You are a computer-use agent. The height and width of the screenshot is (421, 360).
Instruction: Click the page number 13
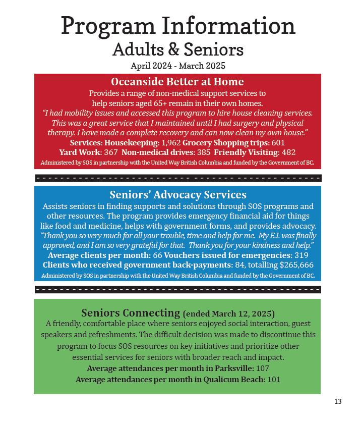(338, 401)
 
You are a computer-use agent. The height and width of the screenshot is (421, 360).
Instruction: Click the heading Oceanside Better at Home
(177, 82)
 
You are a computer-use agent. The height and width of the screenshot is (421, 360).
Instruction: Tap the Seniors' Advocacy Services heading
(177, 195)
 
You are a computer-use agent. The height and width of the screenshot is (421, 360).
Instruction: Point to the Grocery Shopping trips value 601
(278, 143)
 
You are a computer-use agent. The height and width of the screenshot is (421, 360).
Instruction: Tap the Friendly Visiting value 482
(288, 152)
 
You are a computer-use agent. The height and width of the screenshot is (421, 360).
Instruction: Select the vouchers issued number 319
(302, 255)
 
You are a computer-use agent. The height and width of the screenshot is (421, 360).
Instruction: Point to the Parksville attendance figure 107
(262, 369)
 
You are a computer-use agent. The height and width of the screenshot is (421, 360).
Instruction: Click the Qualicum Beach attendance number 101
(274, 380)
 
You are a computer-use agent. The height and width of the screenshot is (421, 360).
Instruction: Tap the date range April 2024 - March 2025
(178, 66)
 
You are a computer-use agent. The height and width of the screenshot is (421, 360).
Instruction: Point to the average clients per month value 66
(157, 255)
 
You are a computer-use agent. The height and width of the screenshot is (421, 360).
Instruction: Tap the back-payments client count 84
(239, 265)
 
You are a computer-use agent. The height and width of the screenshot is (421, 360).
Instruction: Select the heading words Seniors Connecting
(131, 313)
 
